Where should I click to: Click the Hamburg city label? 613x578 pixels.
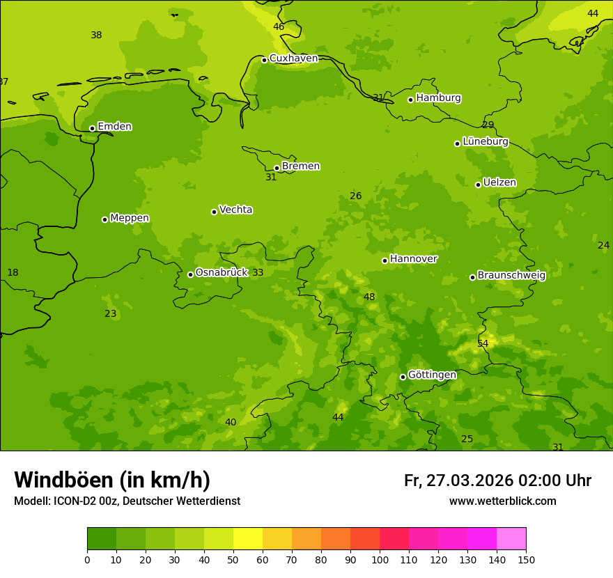(x=438, y=98)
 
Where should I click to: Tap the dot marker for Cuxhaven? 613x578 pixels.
(x=264, y=60)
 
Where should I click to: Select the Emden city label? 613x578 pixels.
(x=114, y=127)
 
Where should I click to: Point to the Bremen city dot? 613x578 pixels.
(x=277, y=168)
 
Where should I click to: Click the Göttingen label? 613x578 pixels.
(x=432, y=375)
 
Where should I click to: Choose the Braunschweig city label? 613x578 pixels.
(x=511, y=275)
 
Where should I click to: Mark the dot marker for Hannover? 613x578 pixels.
(x=385, y=260)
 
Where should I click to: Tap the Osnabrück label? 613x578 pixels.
(x=221, y=272)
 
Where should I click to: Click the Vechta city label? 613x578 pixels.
(x=235, y=210)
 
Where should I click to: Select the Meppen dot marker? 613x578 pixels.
(x=104, y=219)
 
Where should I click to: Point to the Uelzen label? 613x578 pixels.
(x=499, y=182)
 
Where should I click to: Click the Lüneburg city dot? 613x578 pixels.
(x=457, y=143)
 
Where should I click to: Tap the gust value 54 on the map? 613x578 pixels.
(x=483, y=344)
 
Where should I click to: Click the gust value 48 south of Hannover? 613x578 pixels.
(x=369, y=297)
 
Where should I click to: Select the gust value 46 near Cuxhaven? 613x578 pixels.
(x=279, y=27)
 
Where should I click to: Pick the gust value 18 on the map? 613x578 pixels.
(x=13, y=273)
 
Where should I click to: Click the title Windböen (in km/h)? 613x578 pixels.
(x=112, y=480)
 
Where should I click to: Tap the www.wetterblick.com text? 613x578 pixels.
(x=502, y=501)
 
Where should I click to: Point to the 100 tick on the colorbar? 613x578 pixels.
(x=380, y=559)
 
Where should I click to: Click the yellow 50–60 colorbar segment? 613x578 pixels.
(x=248, y=539)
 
